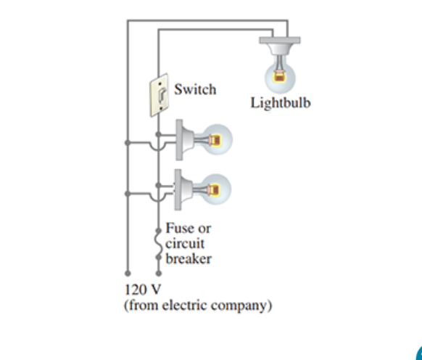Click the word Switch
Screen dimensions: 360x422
[194, 89]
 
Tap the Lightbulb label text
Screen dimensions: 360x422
[280, 102]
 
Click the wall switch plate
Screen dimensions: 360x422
[159, 94]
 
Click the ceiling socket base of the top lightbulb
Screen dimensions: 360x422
[280, 45]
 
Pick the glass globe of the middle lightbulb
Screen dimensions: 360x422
[216, 138]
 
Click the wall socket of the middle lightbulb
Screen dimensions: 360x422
[186, 138]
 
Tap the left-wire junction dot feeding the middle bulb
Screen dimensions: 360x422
[128, 143]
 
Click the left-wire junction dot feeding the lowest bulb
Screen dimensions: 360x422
[128, 194]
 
